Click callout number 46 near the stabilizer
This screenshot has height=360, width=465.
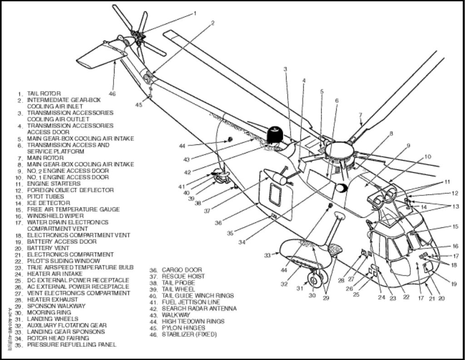[x=112, y=94]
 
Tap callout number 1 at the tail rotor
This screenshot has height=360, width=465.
[x=195, y=13]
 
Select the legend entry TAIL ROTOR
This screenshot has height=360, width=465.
[x=44, y=94]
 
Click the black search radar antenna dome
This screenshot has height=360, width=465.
[x=274, y=135]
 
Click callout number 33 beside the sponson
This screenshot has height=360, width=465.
[x=267, y=255]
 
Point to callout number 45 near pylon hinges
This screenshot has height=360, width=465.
[x=139, y=105]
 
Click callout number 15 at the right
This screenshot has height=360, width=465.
[x=455, y=226]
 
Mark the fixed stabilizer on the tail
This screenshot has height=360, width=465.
[x=100, y=57]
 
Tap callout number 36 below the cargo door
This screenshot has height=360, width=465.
[x=218, y=223]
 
